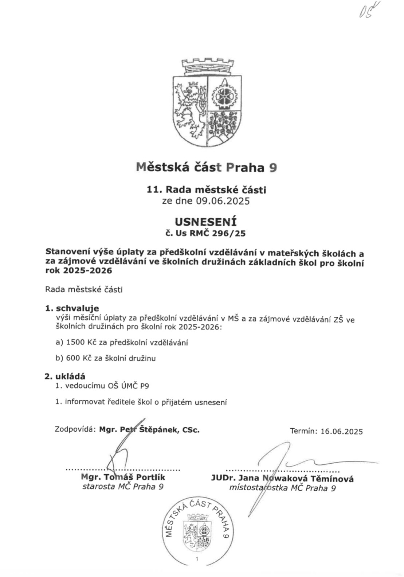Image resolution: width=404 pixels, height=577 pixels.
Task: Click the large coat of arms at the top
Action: [x=207, y=106]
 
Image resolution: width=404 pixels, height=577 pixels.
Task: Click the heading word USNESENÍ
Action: [x=206, y=222]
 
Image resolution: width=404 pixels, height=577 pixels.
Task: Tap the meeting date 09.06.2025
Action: [x=223, y=201]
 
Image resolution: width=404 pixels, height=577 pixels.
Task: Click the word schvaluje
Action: [x=77, y=309]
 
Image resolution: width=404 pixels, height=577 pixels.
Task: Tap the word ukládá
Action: [x=70, y=377]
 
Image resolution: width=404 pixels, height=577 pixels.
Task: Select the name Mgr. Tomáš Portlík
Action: [x=123, y=477]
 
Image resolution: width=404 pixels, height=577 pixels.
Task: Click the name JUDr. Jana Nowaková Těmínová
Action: [x=282, y=479]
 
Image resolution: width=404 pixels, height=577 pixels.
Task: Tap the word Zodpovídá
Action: [x=75, y=429]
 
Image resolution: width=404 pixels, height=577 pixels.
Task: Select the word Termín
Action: [x=303, y=432]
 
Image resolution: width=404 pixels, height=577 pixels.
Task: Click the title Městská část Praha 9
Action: [x=206, y=167]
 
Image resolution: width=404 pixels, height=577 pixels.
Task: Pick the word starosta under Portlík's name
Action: [x=98, y=487]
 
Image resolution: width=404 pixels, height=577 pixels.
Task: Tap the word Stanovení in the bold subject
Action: [x=66, y=253]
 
